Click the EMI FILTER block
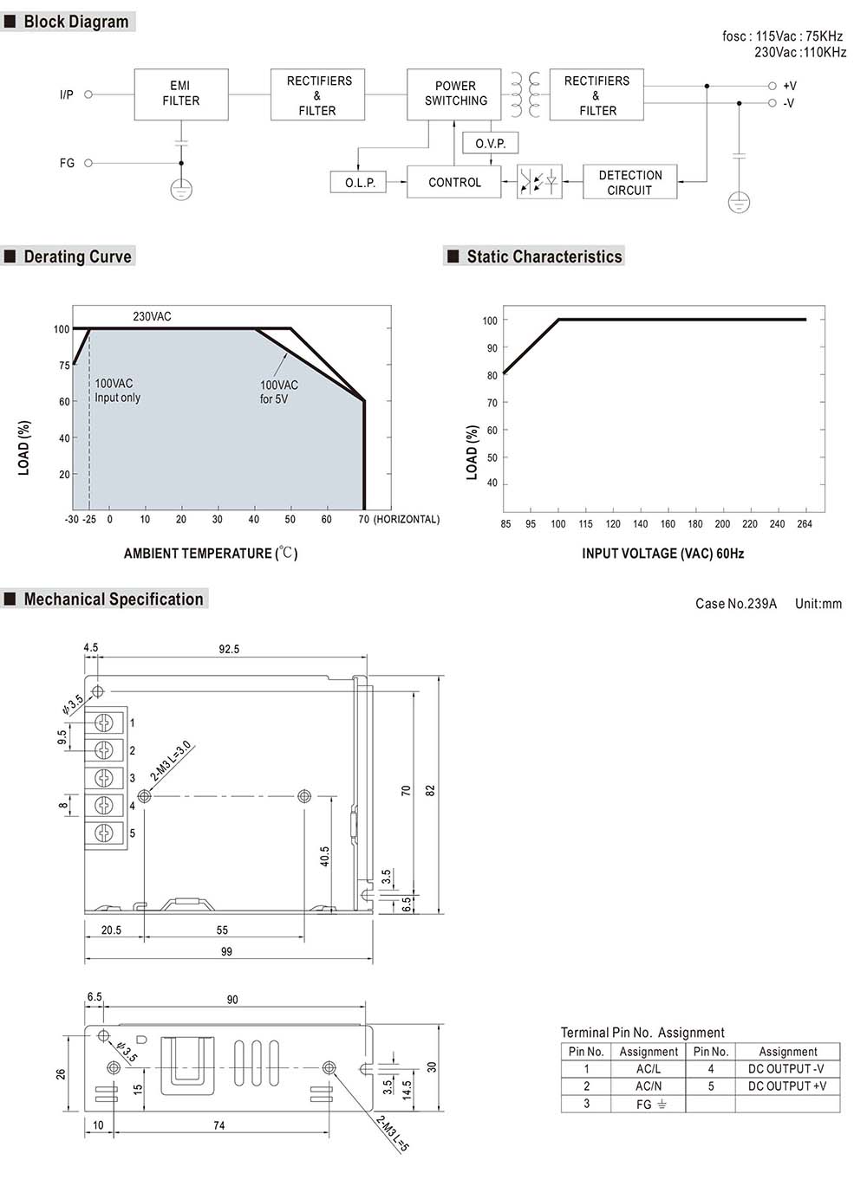pyautogui.click(x=181, y=94)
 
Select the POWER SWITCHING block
pyautogui.click(x=454, y=94)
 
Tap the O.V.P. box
pyautogui.click(x=490, y=143)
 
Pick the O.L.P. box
pyautogui.click(x=360, y=183)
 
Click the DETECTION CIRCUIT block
pyautogui.click(x=629, y=182)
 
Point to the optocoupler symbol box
pyautogui.click(x=539, y=182)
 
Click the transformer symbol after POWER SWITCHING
pyautogui.click(x=525, y=94)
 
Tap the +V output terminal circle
pyautogui.click(x=772, y=86)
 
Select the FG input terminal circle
pyautogui.click(x=88, y=163)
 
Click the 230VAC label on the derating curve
pyautogui.click(x=152, y=316)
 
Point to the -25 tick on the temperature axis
pyautogui.click(x=89, y=520)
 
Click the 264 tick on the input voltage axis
pyautogui.click(x=805, y=524)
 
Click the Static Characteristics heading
pyautogui.click(x=544, y=256)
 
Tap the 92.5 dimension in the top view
pyautogui.click(x=229, y=649)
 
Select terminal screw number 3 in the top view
pyautogui.click(x=104, y=778)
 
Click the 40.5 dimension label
pyautogui.click(x=325, y=856)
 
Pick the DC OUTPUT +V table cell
pyautogui.click(x=787, y=1086)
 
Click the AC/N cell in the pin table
pyautogui.click(x=649, y=1086)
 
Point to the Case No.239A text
pyautogui.click(x=736, y=604)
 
